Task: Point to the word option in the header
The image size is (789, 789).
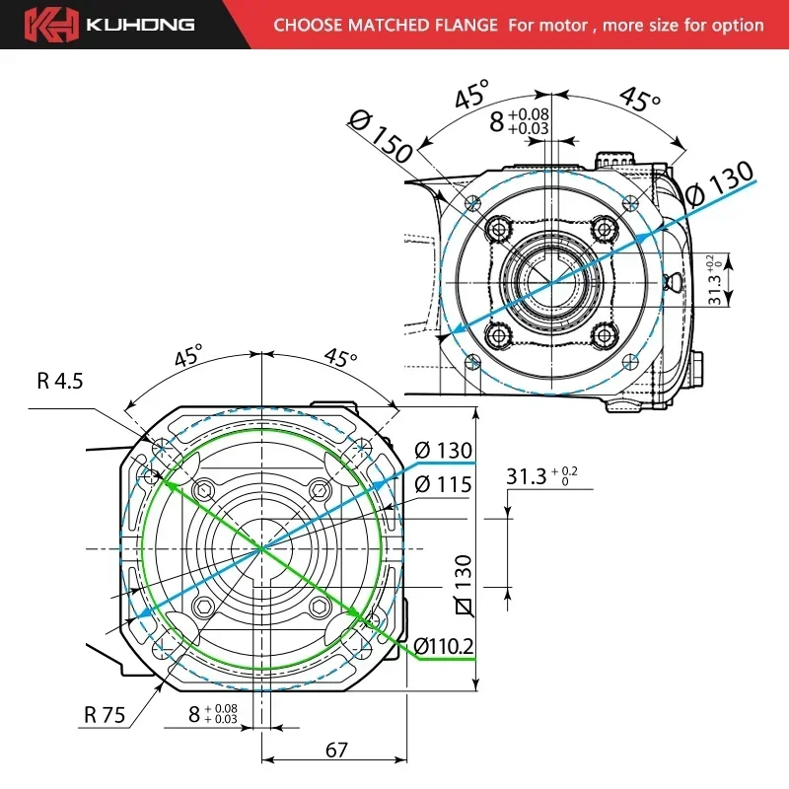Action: click(x=737, y=25)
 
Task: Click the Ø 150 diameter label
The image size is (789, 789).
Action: click(x=380, y=135)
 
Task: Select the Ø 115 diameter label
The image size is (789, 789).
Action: click(x=443, y=484)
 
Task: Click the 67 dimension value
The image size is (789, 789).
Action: click(x=336, y=751)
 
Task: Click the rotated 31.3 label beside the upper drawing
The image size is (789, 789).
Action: click(x=714, y=279)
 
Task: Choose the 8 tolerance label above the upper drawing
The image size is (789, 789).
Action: click(x=520, y=120)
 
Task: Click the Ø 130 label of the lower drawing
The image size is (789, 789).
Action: click(x=443, y=451)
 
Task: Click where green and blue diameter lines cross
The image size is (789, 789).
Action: click(x=260, y=547)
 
